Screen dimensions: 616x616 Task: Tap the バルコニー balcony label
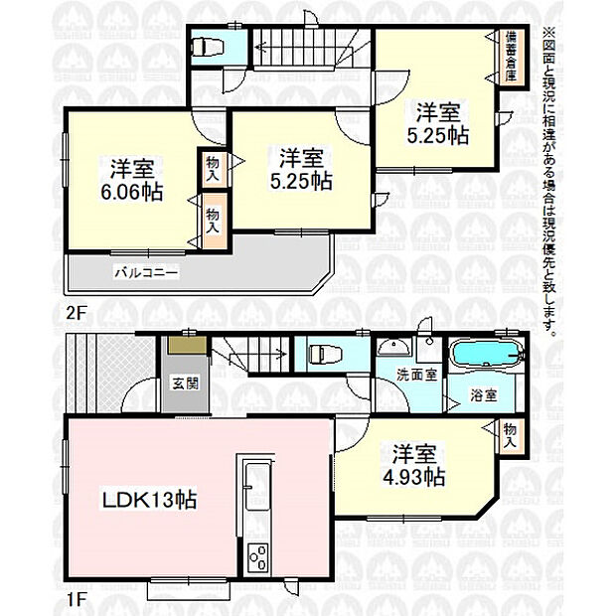pos(146,272)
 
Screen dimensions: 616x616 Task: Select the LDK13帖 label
pos(149,500)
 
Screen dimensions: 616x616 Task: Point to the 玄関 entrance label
pos(186,384)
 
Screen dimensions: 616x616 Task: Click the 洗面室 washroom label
pos(416,375)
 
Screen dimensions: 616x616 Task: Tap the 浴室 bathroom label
pos(484,395)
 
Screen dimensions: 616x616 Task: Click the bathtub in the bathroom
pos(487,354)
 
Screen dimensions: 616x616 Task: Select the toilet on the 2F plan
pos(208,47)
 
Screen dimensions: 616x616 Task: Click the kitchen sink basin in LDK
pos(255,487)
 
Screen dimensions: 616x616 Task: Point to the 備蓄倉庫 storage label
pos(511,56)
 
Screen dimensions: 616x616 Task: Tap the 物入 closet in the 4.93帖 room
pos(511,435)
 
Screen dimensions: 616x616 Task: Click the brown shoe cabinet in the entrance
pos(188,345)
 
